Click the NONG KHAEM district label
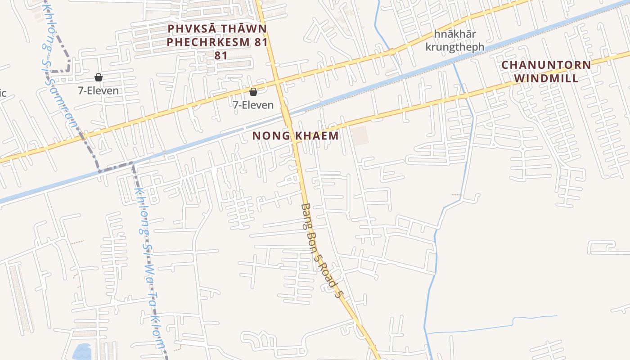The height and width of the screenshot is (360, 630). pos(295,135)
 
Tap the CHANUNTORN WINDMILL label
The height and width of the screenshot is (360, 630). pos(546,71)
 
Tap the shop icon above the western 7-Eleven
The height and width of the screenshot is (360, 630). pos(99,77)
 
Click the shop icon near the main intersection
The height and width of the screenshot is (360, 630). pos(253,92)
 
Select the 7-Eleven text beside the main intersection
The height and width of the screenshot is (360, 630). pos(253,105)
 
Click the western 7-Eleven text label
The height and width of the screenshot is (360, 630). pos(99,90)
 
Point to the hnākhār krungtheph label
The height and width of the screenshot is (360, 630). pos(455,40)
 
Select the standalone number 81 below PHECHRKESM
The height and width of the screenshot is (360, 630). pos(220,56)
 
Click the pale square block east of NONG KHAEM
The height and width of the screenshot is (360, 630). pos(360,135)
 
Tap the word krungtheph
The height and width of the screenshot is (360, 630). pos(455,47)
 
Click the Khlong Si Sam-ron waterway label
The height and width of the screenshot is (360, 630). pos(59,67)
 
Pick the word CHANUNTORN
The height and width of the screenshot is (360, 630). pos(546,65)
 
